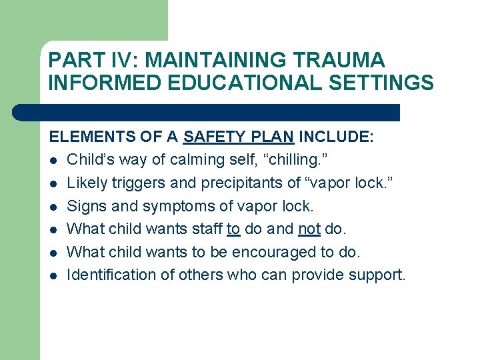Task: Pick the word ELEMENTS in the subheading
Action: pyautogui.click(x=90, y=137)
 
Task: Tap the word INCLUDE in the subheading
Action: pyautogui.click(x=335, y=137)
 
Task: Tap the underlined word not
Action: pyautogui.click(x=309, y=229)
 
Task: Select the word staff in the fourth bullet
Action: pyautogui.click(x=206, y=229)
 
